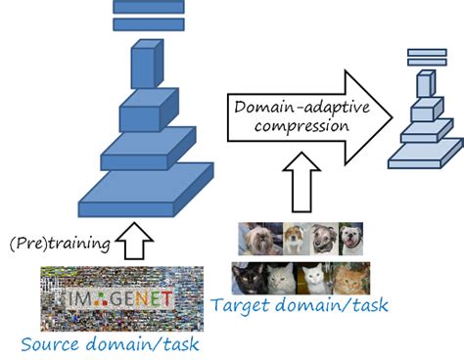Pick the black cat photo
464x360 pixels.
coord(249,278)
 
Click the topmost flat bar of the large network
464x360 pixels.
coord(148,6)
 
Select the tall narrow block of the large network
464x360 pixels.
coord(144,67)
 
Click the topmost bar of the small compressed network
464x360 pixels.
coord(427,53)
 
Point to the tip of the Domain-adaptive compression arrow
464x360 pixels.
coord(392,114)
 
